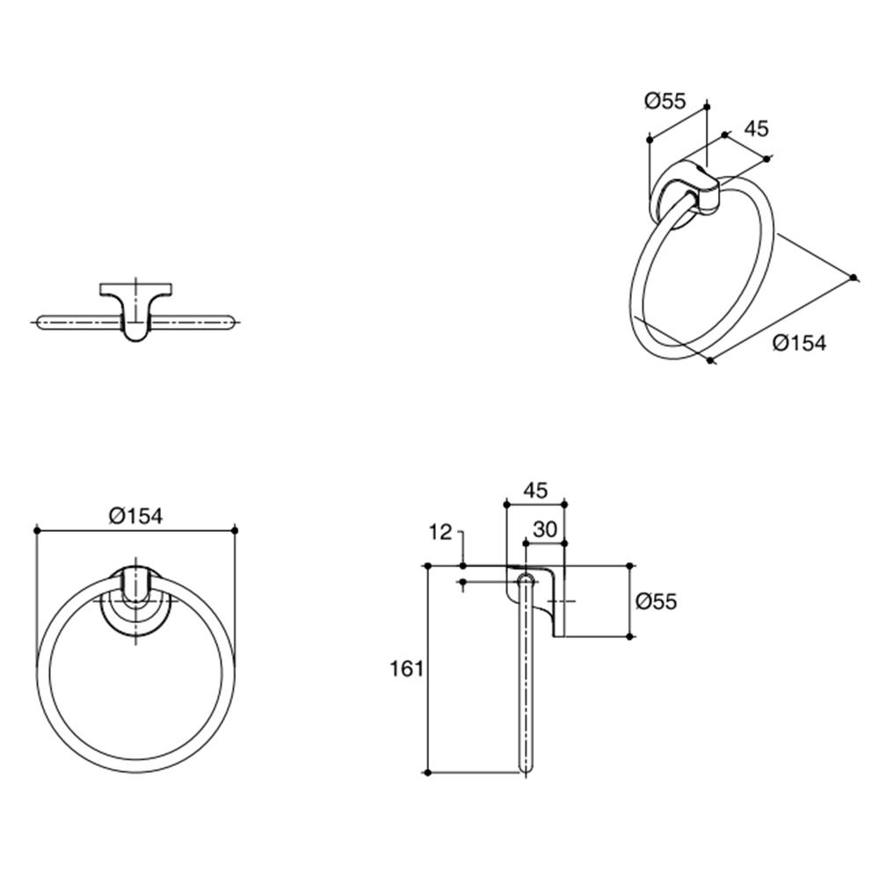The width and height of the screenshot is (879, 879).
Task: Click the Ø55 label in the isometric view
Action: pyautogui.click(x=664, y=101)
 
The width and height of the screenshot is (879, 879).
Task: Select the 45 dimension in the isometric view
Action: pyautogui.click(x=756, y=128)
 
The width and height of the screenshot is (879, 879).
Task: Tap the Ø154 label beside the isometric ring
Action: pyautogui.click(x=800, y=343)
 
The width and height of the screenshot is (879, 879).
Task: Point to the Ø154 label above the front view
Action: pyautogui.click(x=136, y=516)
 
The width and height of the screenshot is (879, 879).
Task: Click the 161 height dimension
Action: pyautogui.click(x=407, y=669)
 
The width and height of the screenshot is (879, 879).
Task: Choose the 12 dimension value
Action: pyautogui.click(x=441, y=532)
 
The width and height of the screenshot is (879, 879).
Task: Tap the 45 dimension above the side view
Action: pyautogui.click(x=534, y=490)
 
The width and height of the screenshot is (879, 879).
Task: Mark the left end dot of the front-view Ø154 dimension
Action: pyautogui.click(x=36, y=529)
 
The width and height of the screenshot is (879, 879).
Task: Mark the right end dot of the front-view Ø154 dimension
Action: pyautogui.click(x=236, y=529)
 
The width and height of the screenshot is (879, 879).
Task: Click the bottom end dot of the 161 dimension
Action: pyautogui.click(x=427, y=773)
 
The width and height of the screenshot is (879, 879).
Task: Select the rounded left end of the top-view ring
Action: pyautogui.click(x=40, y=323)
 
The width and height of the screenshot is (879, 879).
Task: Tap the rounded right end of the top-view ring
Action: pyautogui.click(x=232, y=323)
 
